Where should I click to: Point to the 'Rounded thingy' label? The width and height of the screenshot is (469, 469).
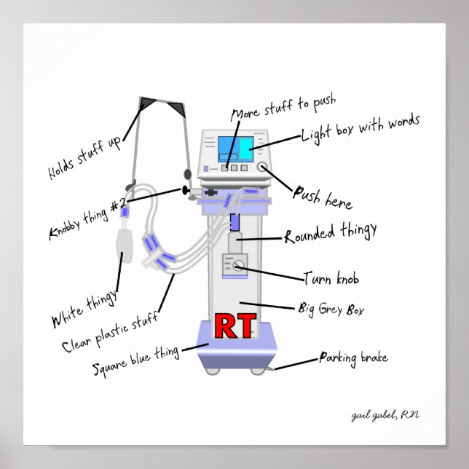pos(331,234)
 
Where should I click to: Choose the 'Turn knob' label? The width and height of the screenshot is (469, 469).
pos(331,279)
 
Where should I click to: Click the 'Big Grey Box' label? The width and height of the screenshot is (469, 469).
pos(331,309)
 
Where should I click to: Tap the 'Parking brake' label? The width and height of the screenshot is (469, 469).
pos(353,358)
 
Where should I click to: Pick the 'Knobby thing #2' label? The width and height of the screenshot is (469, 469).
pos(88,219)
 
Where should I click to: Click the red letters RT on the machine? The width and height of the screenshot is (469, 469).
pos(235,328)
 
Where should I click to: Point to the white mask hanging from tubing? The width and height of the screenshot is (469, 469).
pos(124,248)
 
